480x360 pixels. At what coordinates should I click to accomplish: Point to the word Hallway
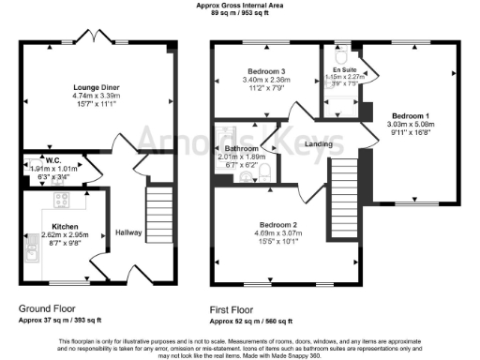pos(128,232)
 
